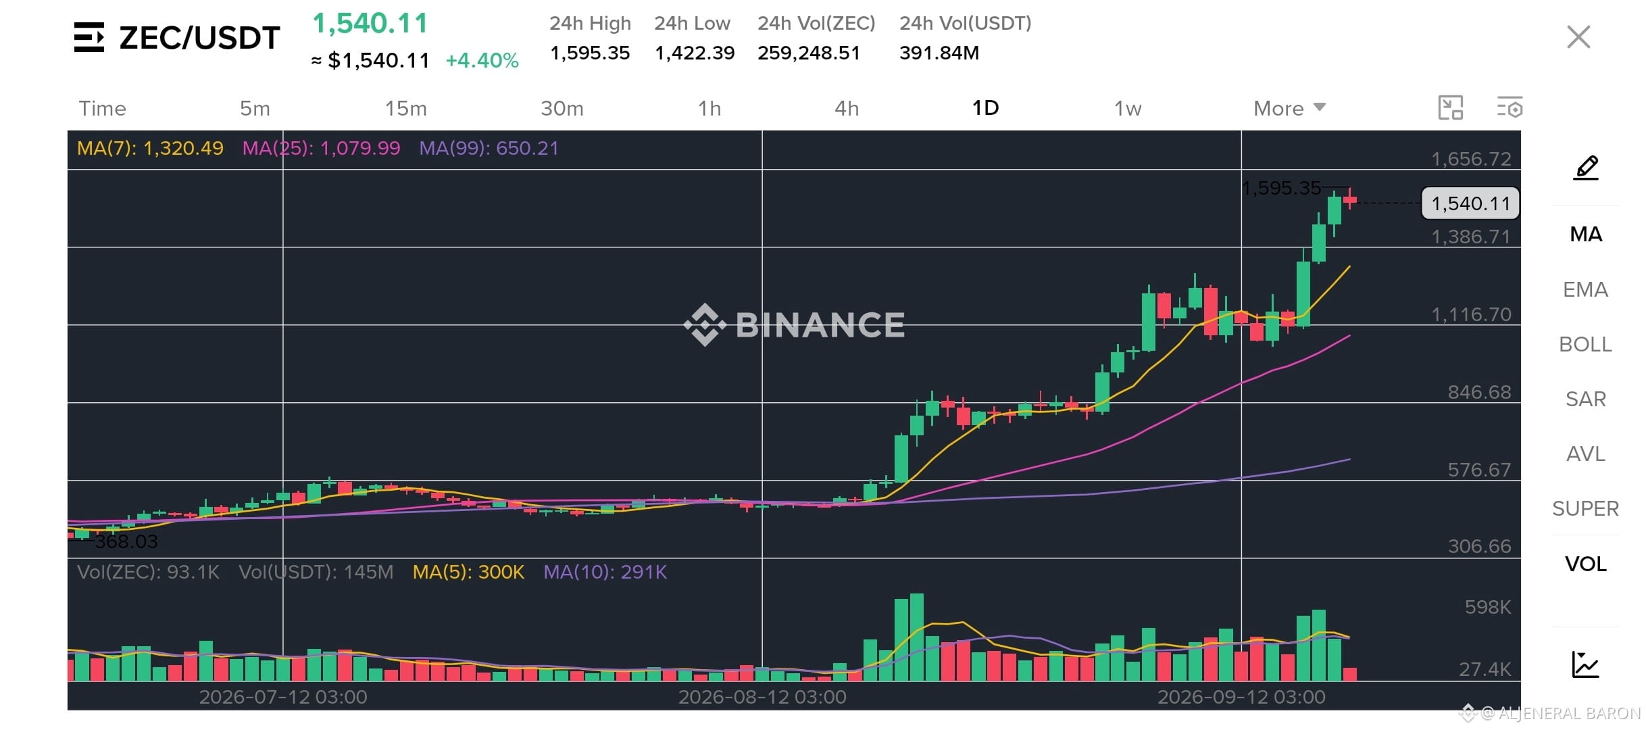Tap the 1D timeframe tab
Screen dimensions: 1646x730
[x=985, y=108]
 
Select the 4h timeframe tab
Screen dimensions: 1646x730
[x=847, y=108]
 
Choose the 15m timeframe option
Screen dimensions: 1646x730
[x=406, y=108]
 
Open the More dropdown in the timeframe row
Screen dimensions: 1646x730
[x=1289, y=108]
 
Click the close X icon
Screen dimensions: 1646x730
[x=1578, y=37]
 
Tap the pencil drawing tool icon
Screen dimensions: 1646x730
[x=1586, y=168]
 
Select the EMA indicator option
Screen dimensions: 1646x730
[x=1585, y=289]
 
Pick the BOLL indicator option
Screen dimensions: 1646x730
[x=1585, y=344]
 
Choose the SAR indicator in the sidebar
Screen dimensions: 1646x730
[x=1585, y=399]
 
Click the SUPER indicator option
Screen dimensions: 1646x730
[x=1585, y=508]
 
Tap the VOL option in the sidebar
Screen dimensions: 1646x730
[x=1585, y=564]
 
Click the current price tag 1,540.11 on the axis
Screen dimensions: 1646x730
[x=1470, y=203]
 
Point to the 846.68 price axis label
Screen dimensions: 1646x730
[x=1479, y=392]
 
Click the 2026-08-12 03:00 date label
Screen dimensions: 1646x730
[x=762, y=697]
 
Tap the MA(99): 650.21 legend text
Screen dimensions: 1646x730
[x=489, y=148]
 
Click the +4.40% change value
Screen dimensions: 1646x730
[x=482, y=60]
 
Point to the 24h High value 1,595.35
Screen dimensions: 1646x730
[x=590, y=53]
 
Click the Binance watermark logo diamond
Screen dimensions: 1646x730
[x=705, y=324]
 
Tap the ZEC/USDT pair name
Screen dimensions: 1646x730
[x=199, y=38]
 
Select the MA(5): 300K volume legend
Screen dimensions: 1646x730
[x=468, y=572]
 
